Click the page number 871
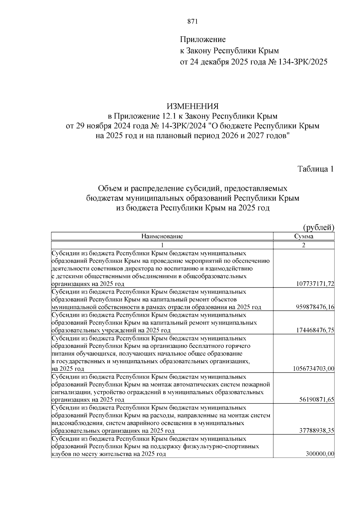(x=192, y=21)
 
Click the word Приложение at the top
(x=202, y=39)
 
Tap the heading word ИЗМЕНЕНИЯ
(x=193, y=106)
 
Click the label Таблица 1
(x=316, y=169)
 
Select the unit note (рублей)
(x=319, y=227)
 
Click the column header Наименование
(x=162, y=236)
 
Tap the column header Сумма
(x=304, y=236)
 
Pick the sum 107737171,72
(x=315, y=284)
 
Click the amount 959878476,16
(x=315, y=307)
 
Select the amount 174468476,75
(x=315, y=331)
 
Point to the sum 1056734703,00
(x=313, y=369)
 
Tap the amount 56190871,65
(x=316, y=400)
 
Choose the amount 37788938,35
(x=316, y=431)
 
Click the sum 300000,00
(x=320, y=454)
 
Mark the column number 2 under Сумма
(x=304, y=245)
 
